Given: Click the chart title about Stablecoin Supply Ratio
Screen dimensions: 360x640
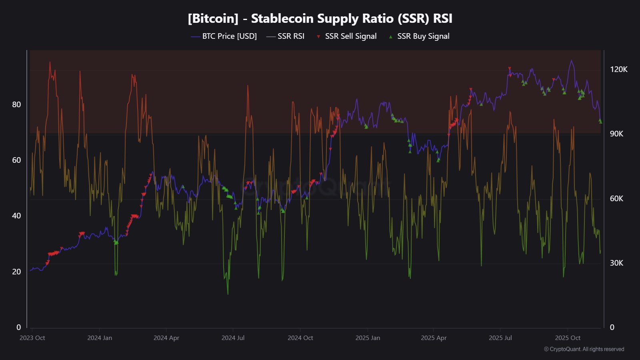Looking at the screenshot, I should tap(320, 18).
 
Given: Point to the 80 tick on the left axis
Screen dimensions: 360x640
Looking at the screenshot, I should tap(16, 104).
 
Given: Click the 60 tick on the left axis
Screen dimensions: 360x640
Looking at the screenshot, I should tap(16, 160).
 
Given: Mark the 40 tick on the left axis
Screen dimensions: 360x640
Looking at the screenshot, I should tap(16, 216).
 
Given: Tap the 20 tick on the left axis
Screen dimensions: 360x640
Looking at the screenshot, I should tap(16, 272).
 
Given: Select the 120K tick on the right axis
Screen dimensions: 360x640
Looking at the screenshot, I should tap(618, 70).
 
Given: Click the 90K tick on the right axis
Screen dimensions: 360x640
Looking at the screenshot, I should tap(616, 134).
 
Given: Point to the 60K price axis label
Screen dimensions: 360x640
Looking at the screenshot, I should tap(616, 199).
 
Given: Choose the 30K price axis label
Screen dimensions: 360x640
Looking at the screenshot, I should tap(616, 263).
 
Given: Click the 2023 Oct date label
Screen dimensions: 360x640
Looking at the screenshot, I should tap(32, 338).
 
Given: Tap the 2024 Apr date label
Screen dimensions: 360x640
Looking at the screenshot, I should tap(166, 338).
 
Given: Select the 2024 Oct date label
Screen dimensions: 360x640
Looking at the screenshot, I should tap(300, 338).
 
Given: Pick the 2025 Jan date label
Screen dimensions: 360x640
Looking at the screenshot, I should tap(368, 338).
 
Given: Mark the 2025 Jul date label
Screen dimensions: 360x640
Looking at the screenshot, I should tap(500, 338).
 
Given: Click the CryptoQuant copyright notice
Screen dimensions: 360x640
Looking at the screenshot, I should tap(584, 349).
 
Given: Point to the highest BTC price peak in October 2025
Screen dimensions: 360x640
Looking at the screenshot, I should tap(571, 61).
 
